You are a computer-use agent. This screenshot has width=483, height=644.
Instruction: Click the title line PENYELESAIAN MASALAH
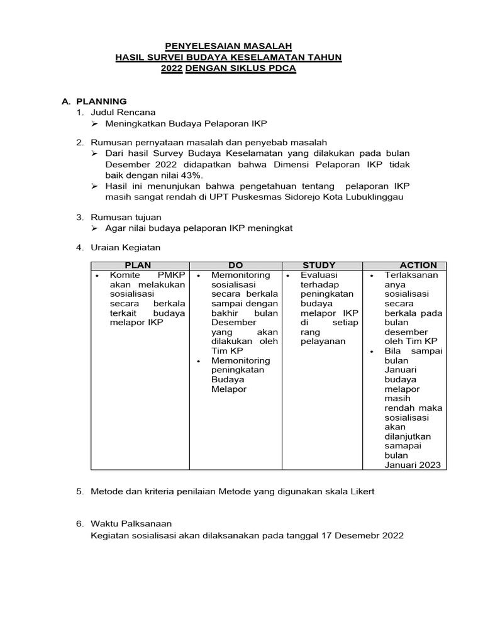pos(228,46)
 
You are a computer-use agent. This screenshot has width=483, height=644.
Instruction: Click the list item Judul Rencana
pos(123,112)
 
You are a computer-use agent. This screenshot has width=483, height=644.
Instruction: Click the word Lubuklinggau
pos(367,197)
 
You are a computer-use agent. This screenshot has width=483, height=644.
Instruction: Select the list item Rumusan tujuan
pos(126,217)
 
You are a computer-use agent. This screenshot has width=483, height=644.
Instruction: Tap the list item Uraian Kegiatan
pos(126,248)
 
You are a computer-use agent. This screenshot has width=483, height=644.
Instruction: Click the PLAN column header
pos(138,265)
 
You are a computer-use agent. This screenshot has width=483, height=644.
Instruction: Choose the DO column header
pos(236,265)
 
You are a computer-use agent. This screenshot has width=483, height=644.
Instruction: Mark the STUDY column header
pos(319,265)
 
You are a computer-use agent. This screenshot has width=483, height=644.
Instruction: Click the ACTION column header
pos(418,265)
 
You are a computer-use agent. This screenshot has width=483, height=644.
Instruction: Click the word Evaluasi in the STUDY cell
pos(319,275)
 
